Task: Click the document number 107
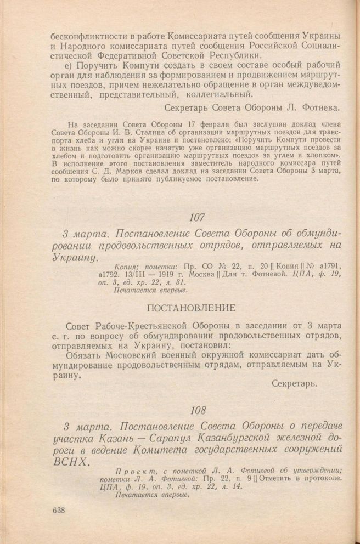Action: click(196, 217)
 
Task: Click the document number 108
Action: click(196, 410)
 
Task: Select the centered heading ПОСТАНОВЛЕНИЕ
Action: click(196, 306)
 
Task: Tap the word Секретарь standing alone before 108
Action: click(295, 383)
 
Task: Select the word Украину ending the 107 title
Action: click(74, 257)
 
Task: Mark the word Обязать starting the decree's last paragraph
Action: click(82, 354)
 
